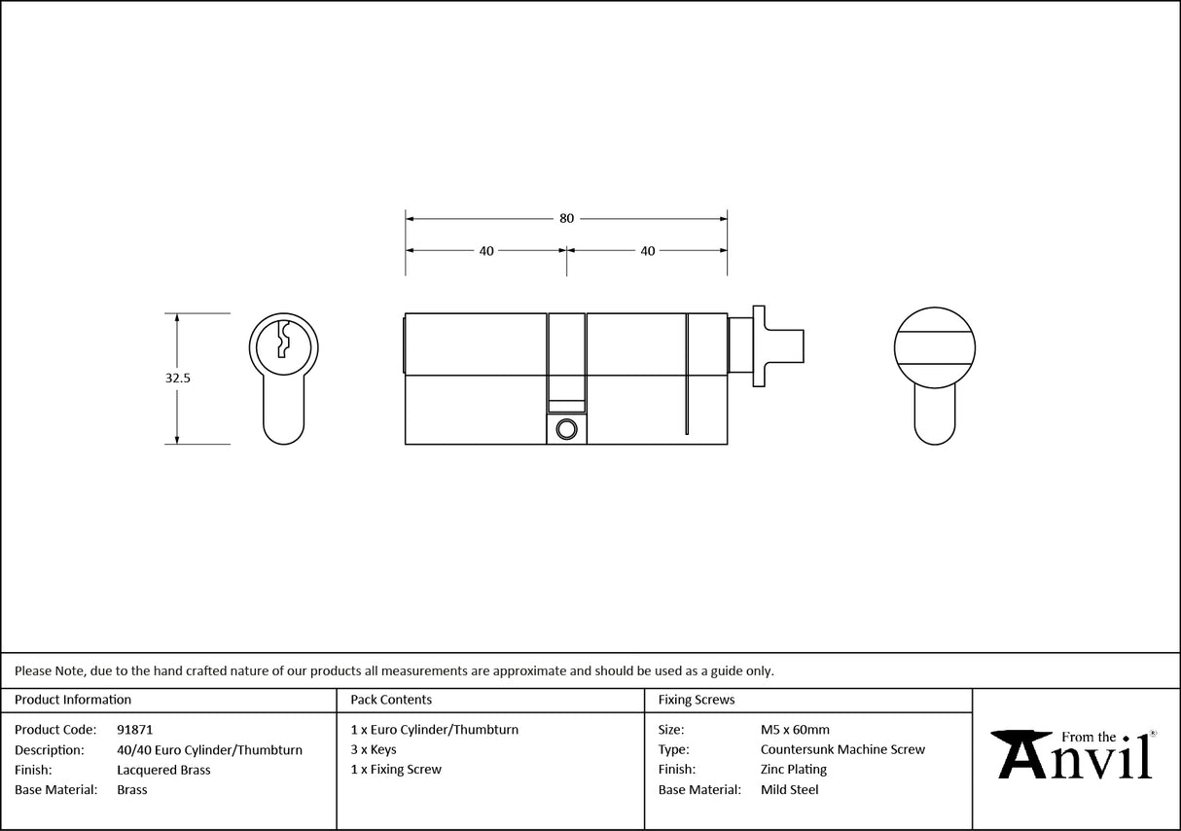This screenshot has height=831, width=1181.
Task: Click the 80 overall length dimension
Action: click(566, 218)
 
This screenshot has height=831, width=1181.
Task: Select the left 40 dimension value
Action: click(485, 251)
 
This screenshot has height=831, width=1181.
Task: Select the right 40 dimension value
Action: click(647, 251)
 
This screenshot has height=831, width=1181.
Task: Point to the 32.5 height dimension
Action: click(177, 379)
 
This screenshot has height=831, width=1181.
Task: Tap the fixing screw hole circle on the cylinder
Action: click(565, 428)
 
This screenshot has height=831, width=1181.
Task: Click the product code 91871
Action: click(134, 730)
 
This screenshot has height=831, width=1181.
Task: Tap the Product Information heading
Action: click(73, 700)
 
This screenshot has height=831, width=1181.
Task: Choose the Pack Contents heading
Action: click(391, 700)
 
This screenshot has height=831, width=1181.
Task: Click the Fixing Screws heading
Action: click(697, 700)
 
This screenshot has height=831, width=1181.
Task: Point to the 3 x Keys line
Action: click(374, 750)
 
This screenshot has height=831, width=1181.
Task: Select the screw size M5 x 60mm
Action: click(795, 730)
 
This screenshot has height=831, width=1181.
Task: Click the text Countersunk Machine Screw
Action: click(842, 750)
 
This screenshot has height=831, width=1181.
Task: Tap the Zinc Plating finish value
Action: click(794, 770)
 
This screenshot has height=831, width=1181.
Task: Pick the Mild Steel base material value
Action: click(789, 790)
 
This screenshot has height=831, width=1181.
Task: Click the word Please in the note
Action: click(33, 670)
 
